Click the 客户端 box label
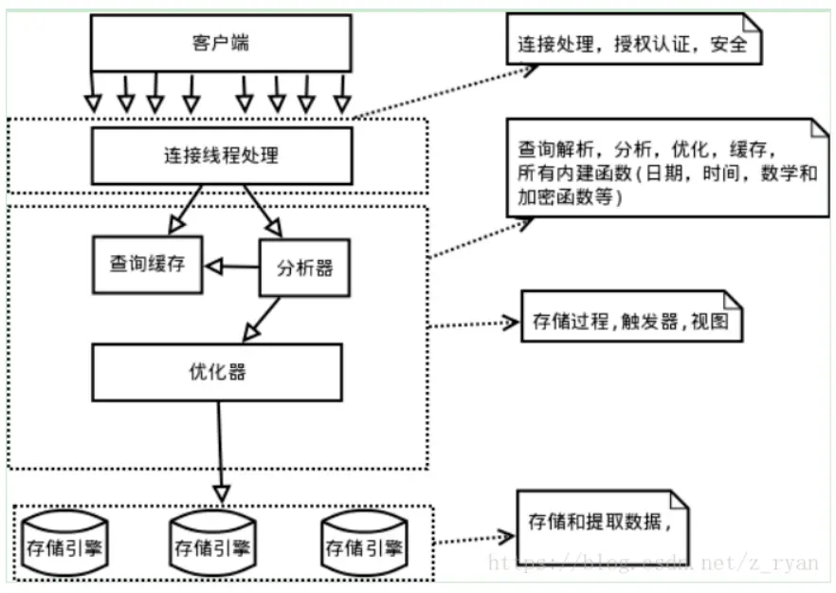click(x=220, y=44)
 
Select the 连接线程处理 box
click(x=222, y=156)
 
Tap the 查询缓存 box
click(x=148, y=265)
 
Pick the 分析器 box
click(x=304, y=268)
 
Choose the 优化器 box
click(x=217, y=373)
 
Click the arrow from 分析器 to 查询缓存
click(x=232, y=267)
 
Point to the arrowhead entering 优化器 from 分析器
click(x=251, y=332)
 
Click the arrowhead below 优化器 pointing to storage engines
click(x=221, y=493)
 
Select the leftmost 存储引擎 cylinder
click(x=64, y=544)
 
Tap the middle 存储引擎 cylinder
click(x=212, y=544)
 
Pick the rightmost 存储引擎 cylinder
click(x=364, y=544)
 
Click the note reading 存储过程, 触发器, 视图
click(x=631, y=317)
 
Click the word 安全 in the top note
click(x=728, y=45)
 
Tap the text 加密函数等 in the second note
click(x=565, y=197)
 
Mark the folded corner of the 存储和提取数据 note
click(x=680, y=500)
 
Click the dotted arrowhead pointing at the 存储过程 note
click(x=510, y=323)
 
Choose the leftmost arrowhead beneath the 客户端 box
click(x=93, y=103)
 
